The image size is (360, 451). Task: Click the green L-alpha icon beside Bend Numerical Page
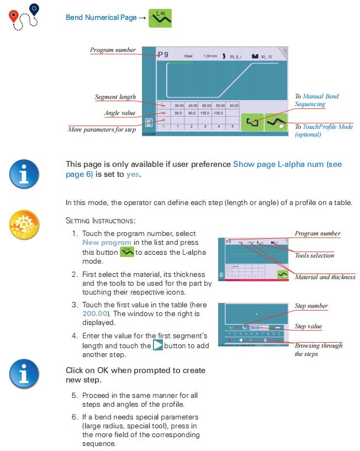click(x=161, y=18)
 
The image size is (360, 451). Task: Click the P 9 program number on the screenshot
click(x=163, y=55)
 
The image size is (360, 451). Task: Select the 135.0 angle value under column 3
click(x=206, y=113)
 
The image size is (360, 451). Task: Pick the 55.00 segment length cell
click(x=220, y=105)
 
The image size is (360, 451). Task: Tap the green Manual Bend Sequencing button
click(x=252, y=122)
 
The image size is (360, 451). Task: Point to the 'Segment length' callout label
click(x=115, y=97)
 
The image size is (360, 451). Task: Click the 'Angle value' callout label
click(x=120, y=113)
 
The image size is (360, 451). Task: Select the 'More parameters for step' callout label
click(x=102, y=129)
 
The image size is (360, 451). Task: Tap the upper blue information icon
click(x=24, y=174)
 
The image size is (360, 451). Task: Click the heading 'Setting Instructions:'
click(x=100, y=221)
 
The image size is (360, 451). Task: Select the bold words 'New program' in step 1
click(x=107, y=243)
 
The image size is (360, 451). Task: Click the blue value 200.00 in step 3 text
click(x=94, y=314)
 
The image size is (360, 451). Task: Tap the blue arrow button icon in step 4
click(x=158, y=345)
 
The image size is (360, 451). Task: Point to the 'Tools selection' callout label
click(x=314, y=255)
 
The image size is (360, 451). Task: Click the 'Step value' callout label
click(x=308, y=326)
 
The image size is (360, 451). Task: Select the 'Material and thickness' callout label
click(x=325, y=277)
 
